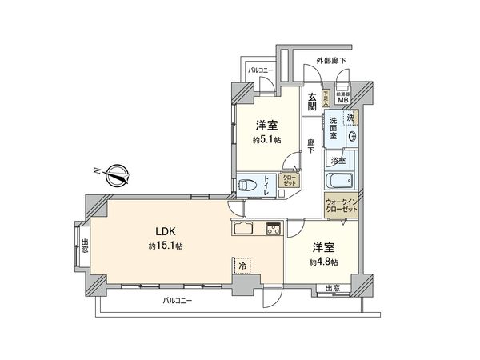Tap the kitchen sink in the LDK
[244, 228]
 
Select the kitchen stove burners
[273, 228]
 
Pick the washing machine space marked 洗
[349, 118]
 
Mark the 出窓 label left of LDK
[84, 246]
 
